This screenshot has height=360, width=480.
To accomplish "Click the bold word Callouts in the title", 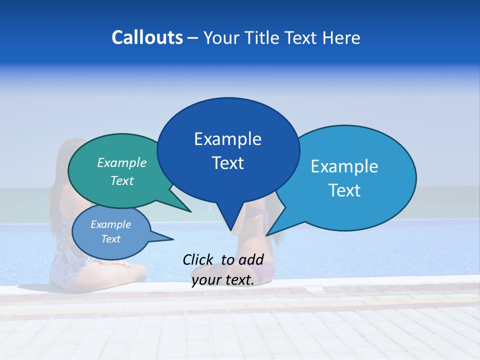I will coord(147,37).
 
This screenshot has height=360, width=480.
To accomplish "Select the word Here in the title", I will coord(341,37).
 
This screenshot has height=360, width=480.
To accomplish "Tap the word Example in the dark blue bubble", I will coord(227,139).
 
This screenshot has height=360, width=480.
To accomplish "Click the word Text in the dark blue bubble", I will coord(227,163).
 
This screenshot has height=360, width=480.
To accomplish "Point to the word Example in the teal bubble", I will coord(122,162).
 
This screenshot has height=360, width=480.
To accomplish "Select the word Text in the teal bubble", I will coord(122,180).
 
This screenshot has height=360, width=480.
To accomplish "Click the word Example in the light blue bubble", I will coord(344,166).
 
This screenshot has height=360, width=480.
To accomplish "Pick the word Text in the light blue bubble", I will coord(344,190).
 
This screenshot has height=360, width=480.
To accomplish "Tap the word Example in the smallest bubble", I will coord(110,224).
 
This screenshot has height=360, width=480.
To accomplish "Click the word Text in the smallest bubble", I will coord(110,239).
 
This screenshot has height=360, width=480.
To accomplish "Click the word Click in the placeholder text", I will coord(198,259).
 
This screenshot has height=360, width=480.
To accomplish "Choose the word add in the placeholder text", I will coord(252,259).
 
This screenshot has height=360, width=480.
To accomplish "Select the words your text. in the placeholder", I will coord(222,280).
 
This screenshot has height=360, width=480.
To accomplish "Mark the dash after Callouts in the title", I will coord(193,37).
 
